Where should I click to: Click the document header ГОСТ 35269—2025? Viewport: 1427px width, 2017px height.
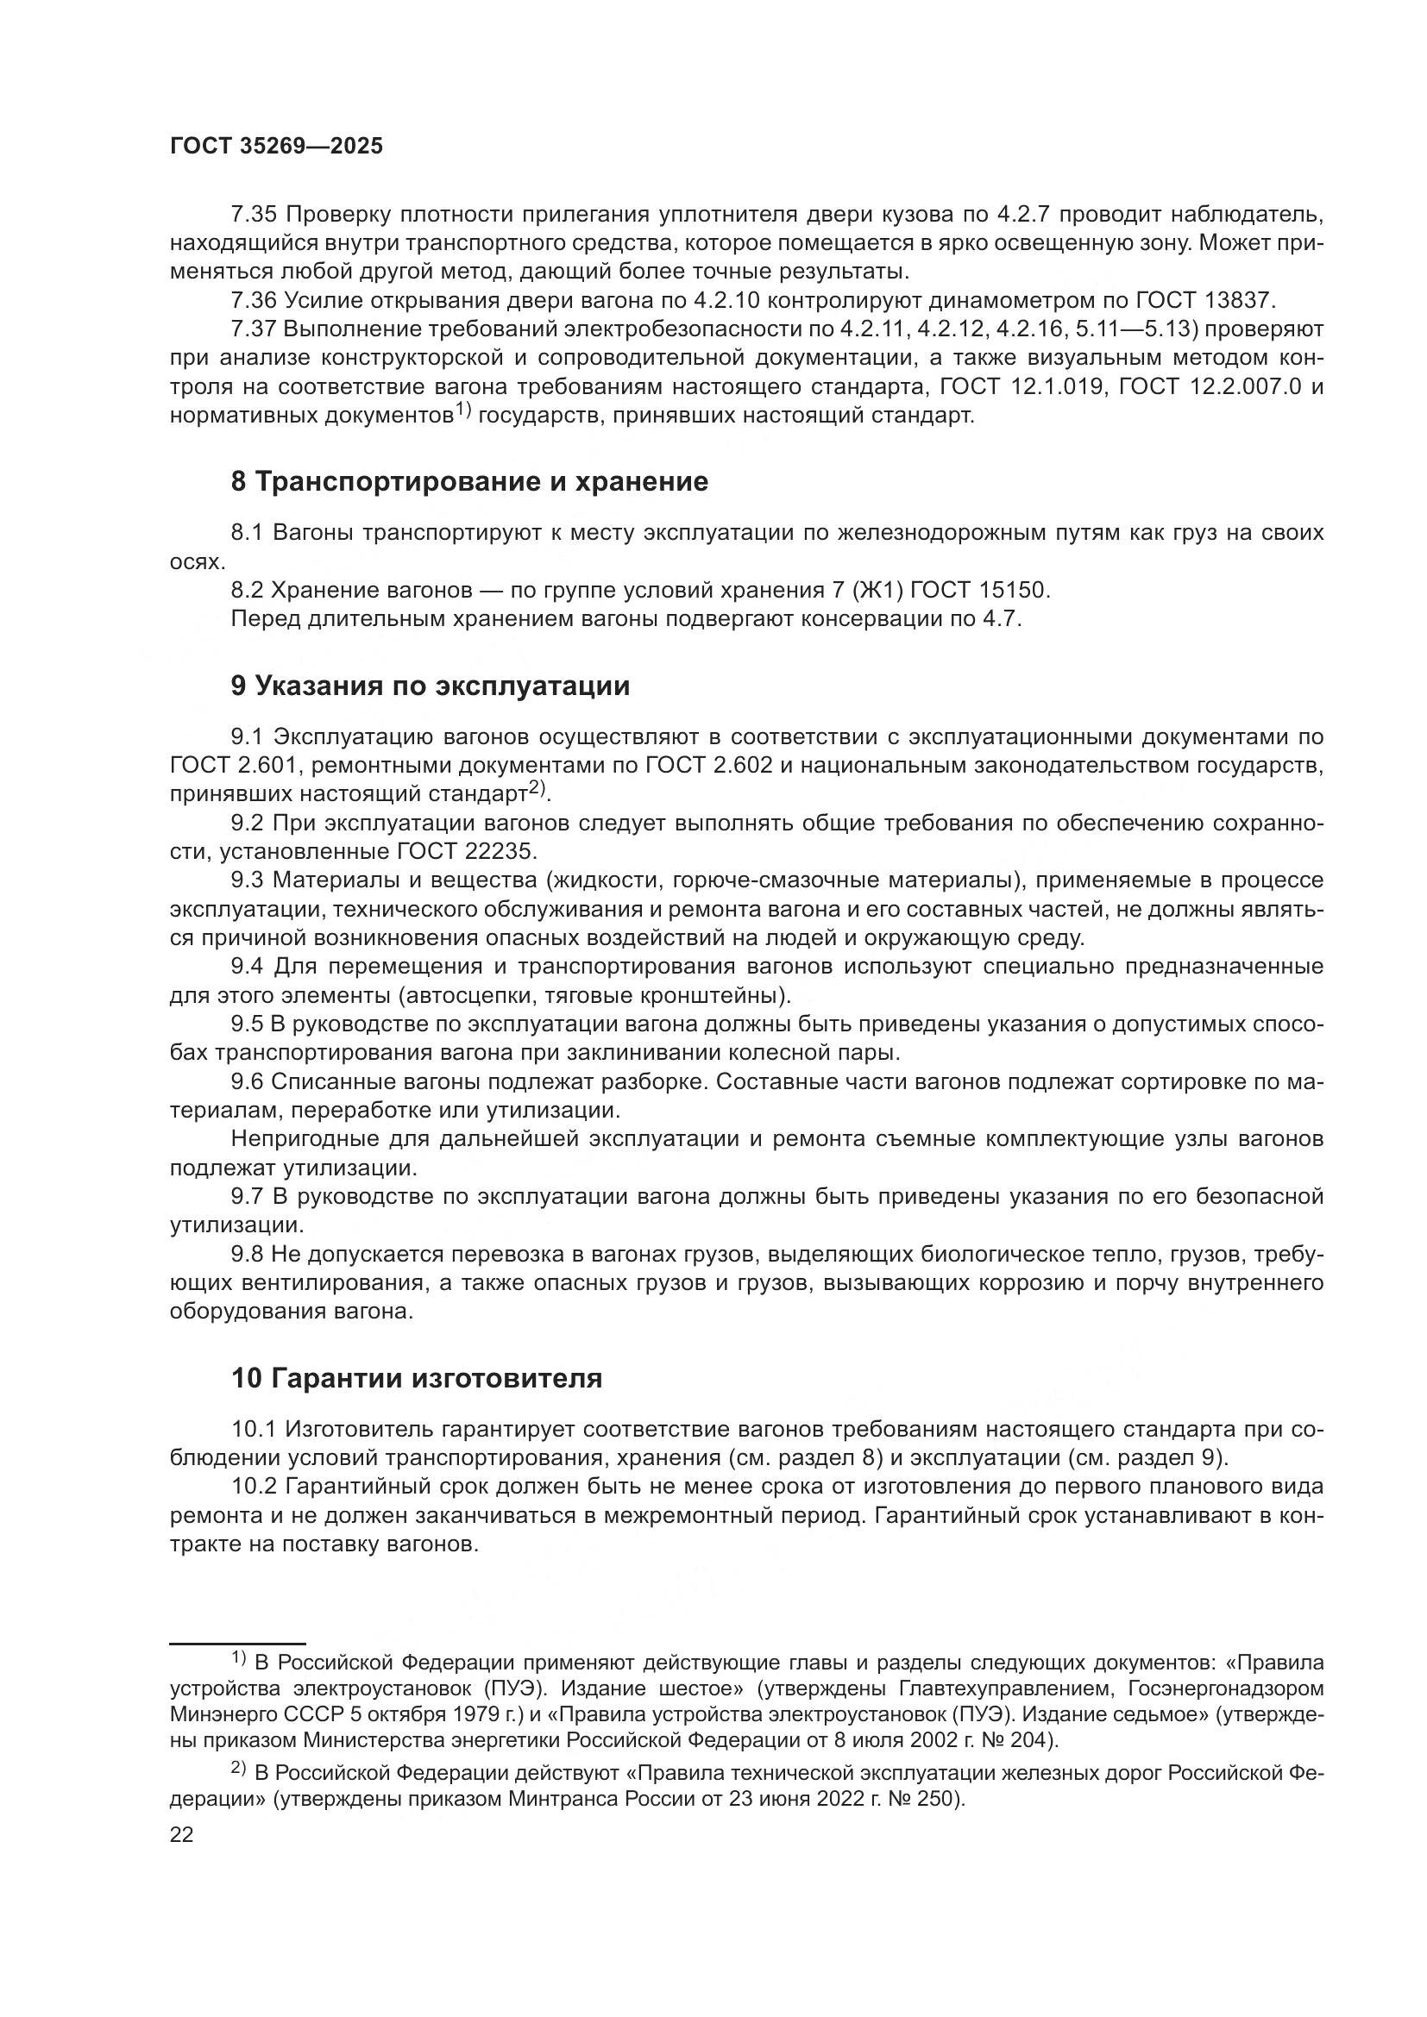[x=276, y=147]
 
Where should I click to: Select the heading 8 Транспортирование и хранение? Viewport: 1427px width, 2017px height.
[x=469, y=481]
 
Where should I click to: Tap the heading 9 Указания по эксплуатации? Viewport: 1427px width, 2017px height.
[x=431, y=686]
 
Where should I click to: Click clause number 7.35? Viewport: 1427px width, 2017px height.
[x=254, y=215]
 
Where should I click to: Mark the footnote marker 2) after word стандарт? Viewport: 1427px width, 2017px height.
[x=537, y=790]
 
